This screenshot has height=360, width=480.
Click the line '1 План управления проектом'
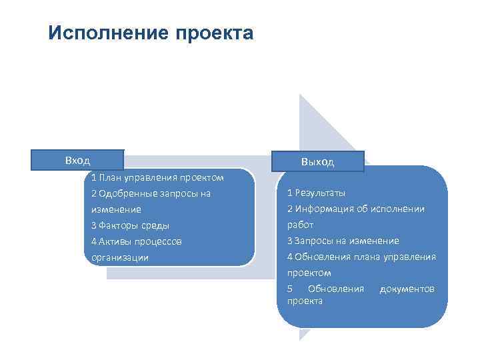(157, 177)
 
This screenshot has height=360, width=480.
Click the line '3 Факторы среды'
(130, 225)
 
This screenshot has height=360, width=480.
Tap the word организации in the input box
(120, 257)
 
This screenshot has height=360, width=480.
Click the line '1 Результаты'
(316, 193)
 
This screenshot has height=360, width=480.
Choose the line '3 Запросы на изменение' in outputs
(343, 241)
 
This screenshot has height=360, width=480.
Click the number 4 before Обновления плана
(290, 257)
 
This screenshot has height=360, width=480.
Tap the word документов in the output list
(407, 289)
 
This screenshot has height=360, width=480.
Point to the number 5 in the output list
(290, 289)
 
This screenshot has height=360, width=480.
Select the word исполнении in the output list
(400, 209)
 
